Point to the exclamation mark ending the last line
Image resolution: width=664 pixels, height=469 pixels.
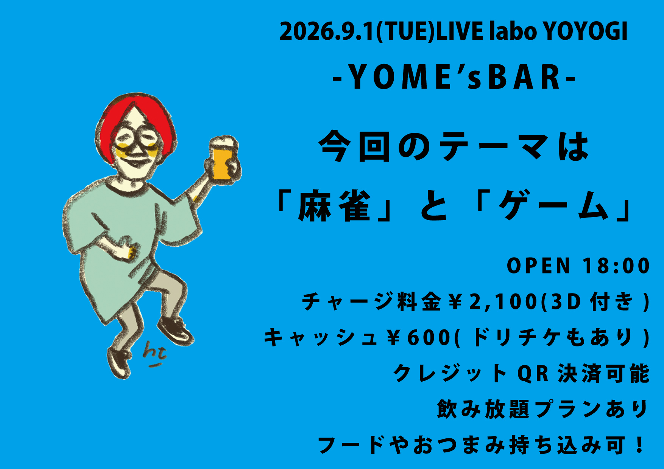tap(640, 445)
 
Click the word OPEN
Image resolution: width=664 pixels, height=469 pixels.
tap(539, 266)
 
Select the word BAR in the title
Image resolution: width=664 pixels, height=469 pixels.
tap(524, 77)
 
